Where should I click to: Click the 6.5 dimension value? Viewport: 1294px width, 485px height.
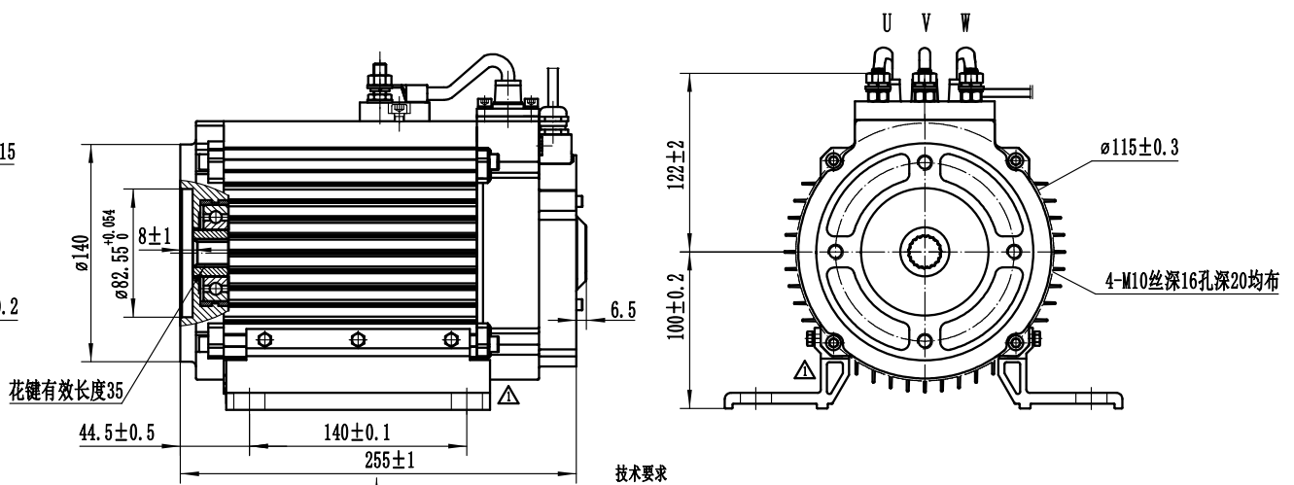coord(623,308)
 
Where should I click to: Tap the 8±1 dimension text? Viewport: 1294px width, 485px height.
coord(155,235)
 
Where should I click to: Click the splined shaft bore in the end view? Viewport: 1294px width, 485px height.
coord(924,252)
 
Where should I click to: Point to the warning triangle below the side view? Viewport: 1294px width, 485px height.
coord(505,395)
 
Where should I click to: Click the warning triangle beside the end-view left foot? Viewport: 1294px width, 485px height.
coord(804,369)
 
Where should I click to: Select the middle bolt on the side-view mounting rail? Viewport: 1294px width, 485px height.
coord(359,338)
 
